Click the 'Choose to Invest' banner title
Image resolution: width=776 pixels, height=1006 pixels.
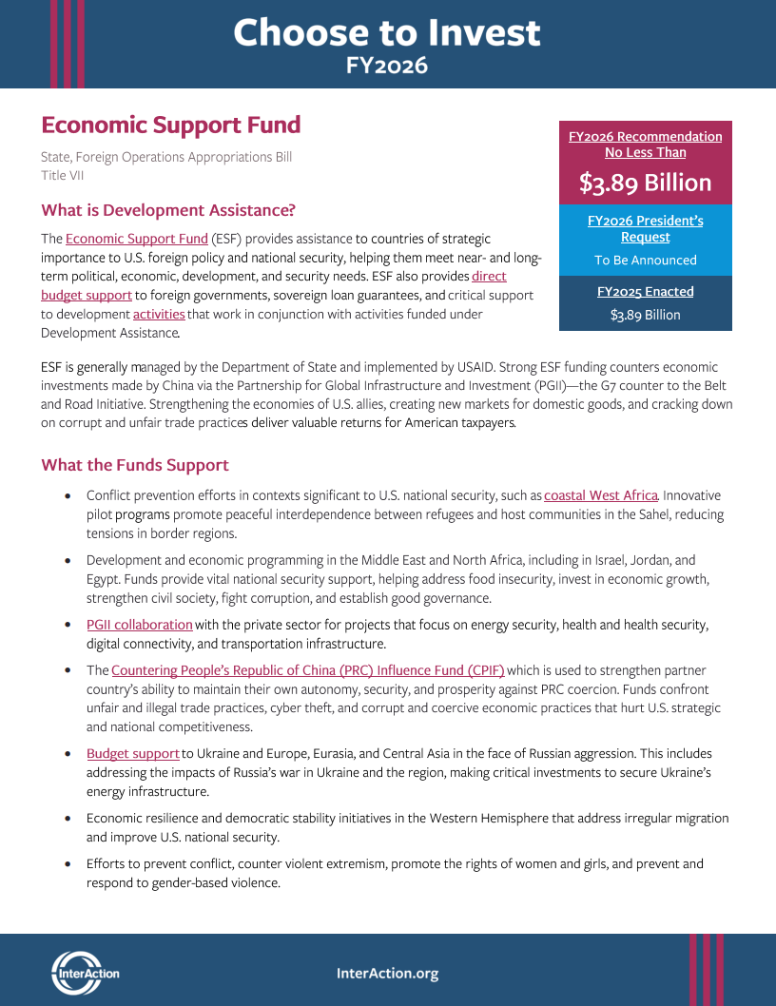pos(387,32)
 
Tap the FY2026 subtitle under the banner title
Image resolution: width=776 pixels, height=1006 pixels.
pos(387,66)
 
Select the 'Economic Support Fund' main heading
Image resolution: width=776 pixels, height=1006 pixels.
pos(171,125)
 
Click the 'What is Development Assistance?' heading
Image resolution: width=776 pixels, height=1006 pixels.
pos(168,210)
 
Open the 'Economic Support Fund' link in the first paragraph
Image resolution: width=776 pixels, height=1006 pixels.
pos(136,239)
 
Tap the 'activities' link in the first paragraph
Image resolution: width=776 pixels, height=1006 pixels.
pos(159,315)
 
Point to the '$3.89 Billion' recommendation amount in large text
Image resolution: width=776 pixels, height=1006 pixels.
pos(645,183)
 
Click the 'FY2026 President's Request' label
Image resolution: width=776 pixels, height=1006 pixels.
pos(645,229)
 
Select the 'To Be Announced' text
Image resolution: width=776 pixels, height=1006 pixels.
pos(645,261)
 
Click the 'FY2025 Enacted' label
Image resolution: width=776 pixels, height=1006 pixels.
pos(645,292)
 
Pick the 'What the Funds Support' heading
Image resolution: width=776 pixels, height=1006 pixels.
pos(135,465)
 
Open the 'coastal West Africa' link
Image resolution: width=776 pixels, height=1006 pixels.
pos(600,495)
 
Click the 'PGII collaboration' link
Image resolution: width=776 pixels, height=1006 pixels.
pos(140,625)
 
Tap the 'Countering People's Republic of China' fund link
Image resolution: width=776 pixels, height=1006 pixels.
pos(307,670)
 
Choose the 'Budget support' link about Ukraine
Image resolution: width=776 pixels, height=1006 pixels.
pos(133,754)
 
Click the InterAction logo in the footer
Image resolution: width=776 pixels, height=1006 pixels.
pos(86,972)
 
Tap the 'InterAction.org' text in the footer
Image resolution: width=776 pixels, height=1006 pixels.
pos(387,973)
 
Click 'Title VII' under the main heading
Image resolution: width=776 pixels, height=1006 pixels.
pos(62,176)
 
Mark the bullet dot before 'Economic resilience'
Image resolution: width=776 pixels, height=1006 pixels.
pos(67,819)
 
